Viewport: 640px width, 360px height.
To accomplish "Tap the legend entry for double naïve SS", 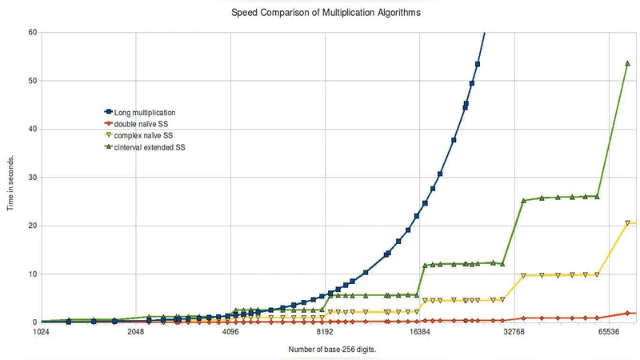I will (136, 124).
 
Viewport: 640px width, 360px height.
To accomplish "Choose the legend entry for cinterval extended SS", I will (144, 148).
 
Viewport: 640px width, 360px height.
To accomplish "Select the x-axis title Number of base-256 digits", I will (331, 350).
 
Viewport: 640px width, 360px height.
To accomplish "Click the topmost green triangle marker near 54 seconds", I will (628, 63).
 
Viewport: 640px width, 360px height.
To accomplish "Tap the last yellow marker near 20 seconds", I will (628, 223).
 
